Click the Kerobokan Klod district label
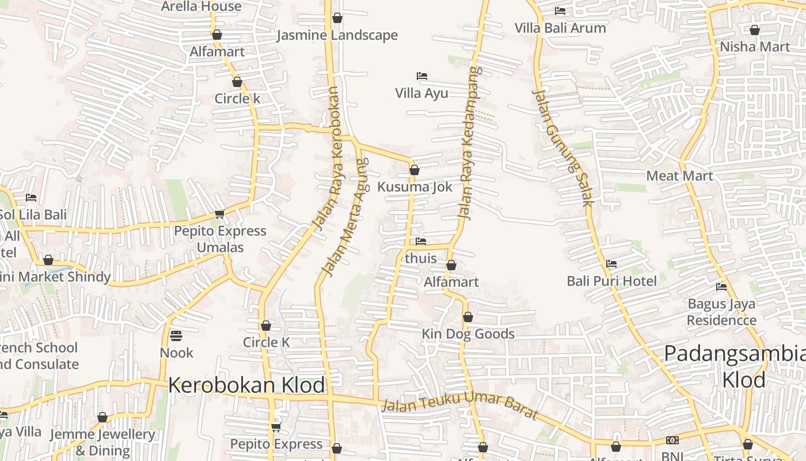click(x=246, y=385)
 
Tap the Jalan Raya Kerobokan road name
click(x=326, y=158)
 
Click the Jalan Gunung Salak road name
click(x=562, y=148)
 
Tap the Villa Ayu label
click(x=421, y=93)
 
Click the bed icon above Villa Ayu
click(x=421, y=76)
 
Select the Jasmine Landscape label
click(x=337, y=35)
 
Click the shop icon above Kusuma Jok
click(x=414, y=170)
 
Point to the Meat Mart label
click(x=679, y=176)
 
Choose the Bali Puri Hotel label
click(x=611, y=281)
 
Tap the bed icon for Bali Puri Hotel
click(x=611, y=264)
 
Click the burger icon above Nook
click(x=176, y=335)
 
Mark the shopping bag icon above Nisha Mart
click(x=754, y=30)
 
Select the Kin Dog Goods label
click(x=467, y=334)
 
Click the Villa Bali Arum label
click(x=560, y=28)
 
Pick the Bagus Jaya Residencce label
click(x=721, y=312)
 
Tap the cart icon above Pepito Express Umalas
click(x=219, y=214)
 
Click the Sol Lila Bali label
click(x=33, y=215)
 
